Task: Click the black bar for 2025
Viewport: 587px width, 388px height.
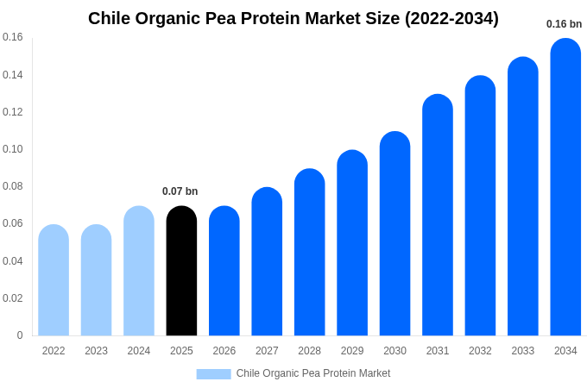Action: [x=181, y=272]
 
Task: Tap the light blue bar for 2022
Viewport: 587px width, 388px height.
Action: [x=54, y=280]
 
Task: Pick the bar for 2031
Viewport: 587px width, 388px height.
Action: [x=438, y=216]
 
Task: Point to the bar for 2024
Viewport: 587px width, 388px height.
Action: [x=139, y=272]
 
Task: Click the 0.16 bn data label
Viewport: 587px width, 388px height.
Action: [x=564, y=24]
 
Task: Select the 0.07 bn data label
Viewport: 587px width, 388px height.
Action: [x=180, y=191]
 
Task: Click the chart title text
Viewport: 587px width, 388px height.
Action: [x=293, y=18]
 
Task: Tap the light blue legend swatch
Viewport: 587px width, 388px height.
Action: [x=213, y=373]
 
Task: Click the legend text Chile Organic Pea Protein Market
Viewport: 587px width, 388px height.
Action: [x=312, y=373]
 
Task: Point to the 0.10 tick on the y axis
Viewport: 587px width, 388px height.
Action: [x=13, y=149]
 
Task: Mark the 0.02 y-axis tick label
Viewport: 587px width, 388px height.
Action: [x=13, y=298]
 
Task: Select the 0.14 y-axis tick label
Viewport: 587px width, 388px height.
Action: [x=13, y=75]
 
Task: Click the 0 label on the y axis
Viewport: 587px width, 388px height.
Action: [x=20, y=335]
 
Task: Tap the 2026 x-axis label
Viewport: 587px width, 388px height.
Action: [x=224, y=351]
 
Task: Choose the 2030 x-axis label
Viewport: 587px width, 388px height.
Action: [x=394, y=351]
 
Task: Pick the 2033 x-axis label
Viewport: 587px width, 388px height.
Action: [x=523, y=351]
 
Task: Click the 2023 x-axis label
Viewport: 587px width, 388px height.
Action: [x=96, y=351]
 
